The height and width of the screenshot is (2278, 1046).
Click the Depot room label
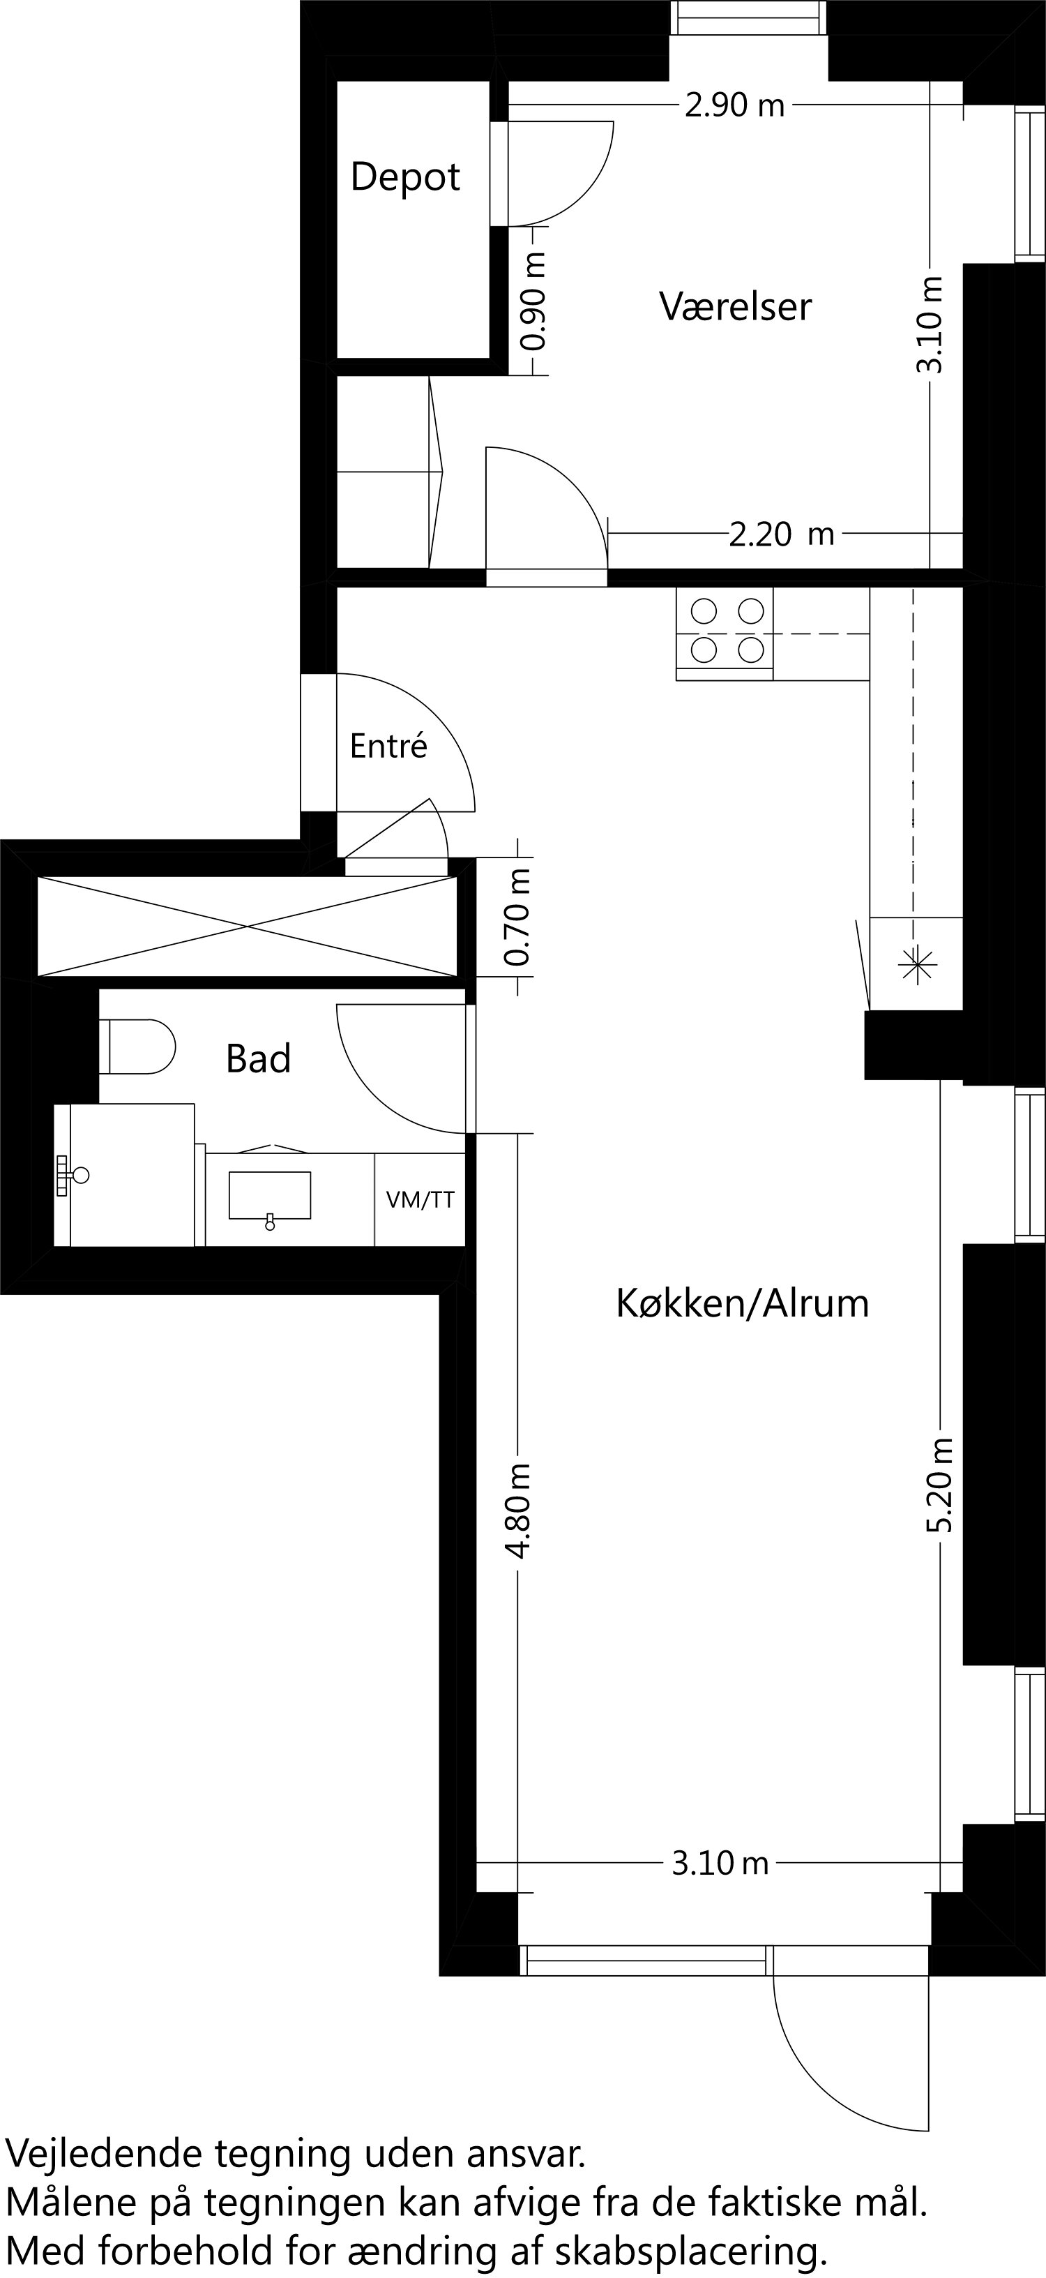[x=405, y=177]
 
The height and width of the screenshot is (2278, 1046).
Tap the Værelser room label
[x=735, y=306]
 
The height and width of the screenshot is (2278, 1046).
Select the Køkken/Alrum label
[x=742, y=1303]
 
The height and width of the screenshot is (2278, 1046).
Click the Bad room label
[x=258, y=1058]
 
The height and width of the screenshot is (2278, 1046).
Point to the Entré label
[x=388, y=747]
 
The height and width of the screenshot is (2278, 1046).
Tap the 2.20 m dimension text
[x=782, y=534]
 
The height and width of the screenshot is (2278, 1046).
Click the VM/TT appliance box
[x=420, y=1200]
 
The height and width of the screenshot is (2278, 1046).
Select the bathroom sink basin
[x=270, y=1196]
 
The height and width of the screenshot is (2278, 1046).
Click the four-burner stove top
[x=725, y=631]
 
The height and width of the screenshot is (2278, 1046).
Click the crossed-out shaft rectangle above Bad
[x=248, y=926]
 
